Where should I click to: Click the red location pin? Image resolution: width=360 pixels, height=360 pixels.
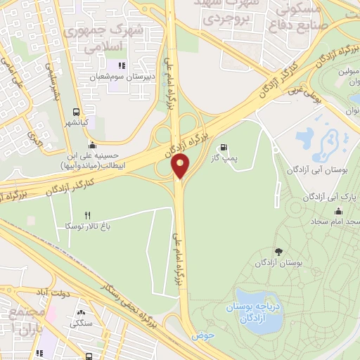click(x=181, y=167)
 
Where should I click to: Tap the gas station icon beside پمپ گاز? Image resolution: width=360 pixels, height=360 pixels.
click(x=224, y=147)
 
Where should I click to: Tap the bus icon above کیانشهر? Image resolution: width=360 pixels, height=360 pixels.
click(x=75, y=111)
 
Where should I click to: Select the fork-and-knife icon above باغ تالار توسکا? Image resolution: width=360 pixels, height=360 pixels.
click(x=88, y=215)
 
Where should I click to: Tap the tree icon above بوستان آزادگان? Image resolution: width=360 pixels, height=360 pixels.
click(x=278, y=252)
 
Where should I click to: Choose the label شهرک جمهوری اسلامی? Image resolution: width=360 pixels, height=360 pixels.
click(x=102, y=38)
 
